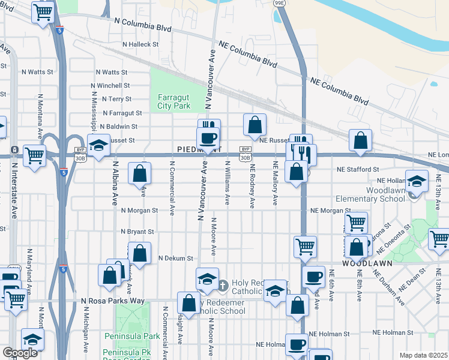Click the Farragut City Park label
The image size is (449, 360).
click(x=174, y=101)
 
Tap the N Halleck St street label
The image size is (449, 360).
click(x=140, y=44)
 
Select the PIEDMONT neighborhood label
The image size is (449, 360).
click(x=200, y=149)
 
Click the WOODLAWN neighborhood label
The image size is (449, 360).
click(x=367, y=263)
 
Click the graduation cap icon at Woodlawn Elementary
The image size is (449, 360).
click(x=417, y=180)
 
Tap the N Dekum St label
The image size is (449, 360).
click(x=175, y=258)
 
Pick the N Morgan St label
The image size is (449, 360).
click(x=139, y=211)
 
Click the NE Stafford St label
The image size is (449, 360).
click(x=358, y=170)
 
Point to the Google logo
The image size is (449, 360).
click(x=20, y=353)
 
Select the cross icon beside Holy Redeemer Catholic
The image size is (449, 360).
click(x=222, y=284)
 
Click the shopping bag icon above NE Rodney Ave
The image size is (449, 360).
click(x=255, y=125)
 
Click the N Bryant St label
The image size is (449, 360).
click(x=137, y=232)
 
